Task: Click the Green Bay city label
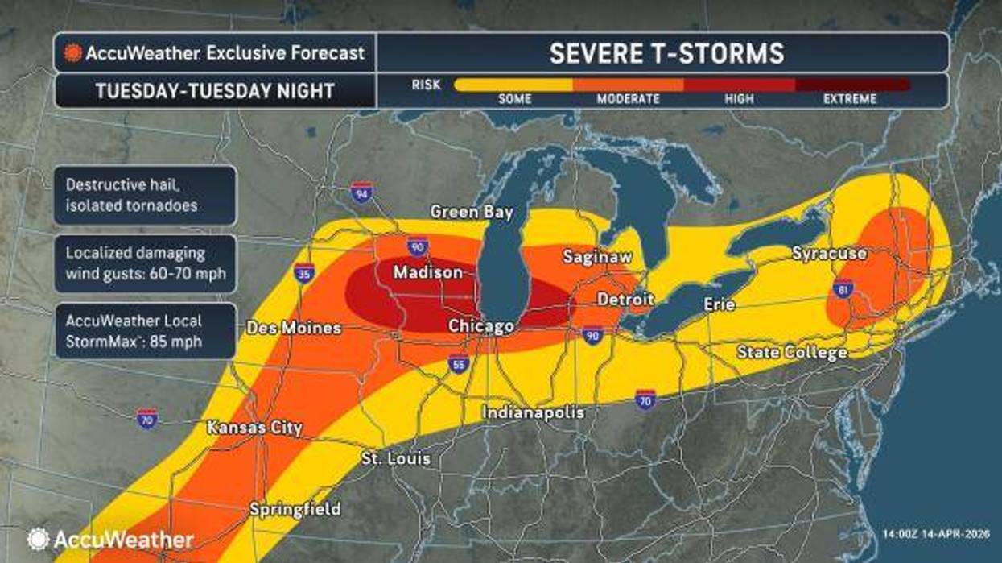coord(471,213)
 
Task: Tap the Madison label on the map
coord(427,273)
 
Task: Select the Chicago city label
coord(480,326)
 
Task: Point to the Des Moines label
coord(294,329)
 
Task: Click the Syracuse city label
coord(829,254)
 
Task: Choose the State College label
coord(792,353)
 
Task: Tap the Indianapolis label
coord(532,412)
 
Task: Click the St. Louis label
coord(395,459)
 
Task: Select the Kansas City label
coord(254,428)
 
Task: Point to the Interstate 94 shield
coord(361,192)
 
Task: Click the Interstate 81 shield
coord(843,288)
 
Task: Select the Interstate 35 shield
coord(304,272)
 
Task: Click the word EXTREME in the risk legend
coord(849,99)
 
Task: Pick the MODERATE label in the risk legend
coord(628,99)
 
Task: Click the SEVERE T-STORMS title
coord(666,53)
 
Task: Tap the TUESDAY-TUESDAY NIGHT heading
coord(215,90)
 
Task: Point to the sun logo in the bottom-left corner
coord(38,539)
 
